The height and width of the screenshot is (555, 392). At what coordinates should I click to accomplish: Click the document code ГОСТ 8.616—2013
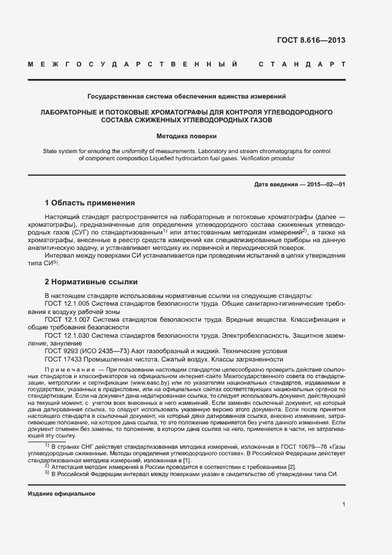pos(311,41)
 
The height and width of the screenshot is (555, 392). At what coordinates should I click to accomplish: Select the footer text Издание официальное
pos(61,494)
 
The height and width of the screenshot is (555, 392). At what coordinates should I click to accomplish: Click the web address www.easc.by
pos(152,384)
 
